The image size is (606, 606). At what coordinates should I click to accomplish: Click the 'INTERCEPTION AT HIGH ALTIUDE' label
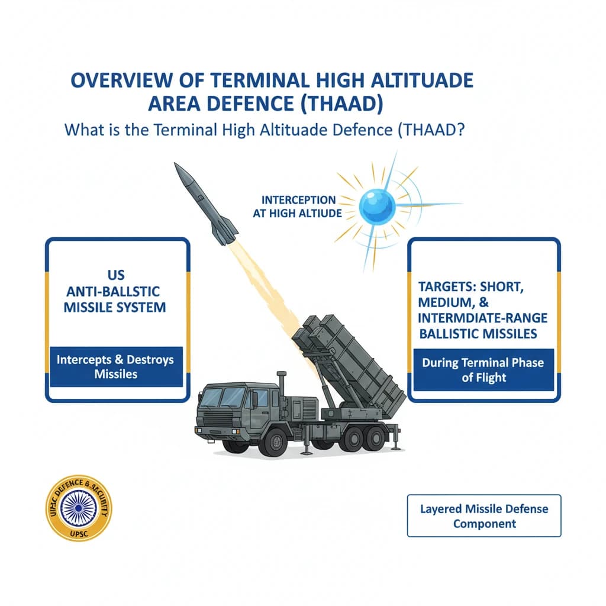point(298,207)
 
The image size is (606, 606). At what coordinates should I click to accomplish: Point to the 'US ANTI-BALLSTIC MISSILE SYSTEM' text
point(117,292)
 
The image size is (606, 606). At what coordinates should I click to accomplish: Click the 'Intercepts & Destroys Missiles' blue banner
point(117,366)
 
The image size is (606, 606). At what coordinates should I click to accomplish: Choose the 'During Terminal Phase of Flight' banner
point(483,370)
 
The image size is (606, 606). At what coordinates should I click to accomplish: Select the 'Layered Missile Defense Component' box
point(483,515)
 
